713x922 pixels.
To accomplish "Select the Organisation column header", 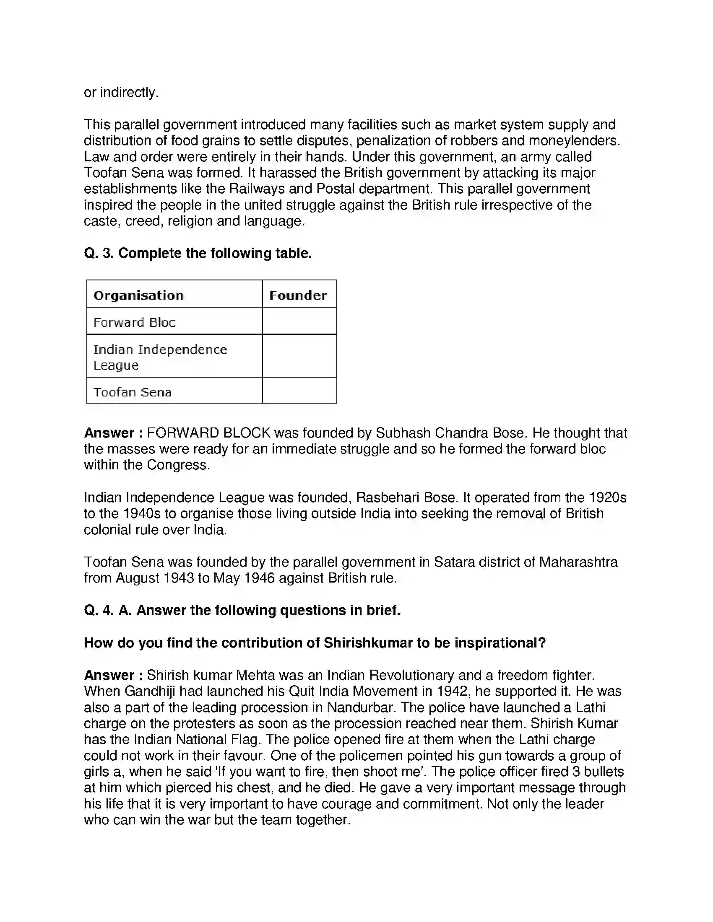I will [138, 295].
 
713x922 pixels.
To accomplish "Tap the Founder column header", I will [298, 295].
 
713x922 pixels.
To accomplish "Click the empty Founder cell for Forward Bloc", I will [299, 321].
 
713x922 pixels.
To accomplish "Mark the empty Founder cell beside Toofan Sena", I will [299, 391].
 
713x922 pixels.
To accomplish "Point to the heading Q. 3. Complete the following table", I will [198, 253].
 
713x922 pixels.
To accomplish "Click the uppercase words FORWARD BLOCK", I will [209, 433].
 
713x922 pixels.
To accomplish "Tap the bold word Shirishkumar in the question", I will [368, 643].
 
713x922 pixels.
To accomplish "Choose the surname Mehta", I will [255, 676].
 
